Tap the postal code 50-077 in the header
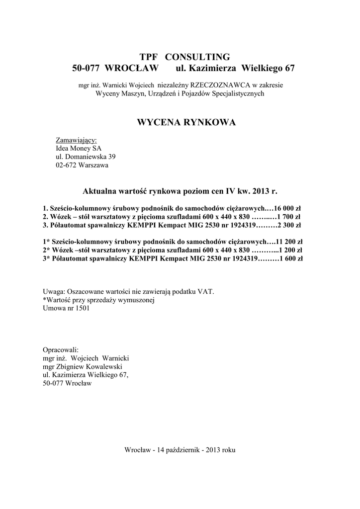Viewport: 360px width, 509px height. click(87, 68)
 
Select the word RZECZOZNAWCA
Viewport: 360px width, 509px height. click(219, 85)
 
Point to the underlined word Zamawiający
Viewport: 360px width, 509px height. click(76, 140)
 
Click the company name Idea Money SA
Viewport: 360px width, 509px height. click(79, 148)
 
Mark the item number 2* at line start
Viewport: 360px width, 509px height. click(47, 251)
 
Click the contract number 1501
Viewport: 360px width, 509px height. click(83, 308)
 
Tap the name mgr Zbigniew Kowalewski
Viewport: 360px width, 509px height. click(83, 367)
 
